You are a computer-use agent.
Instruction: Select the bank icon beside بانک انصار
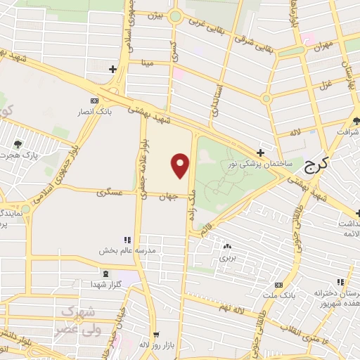click(96, 101)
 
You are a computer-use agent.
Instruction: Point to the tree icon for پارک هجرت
click(17, 144)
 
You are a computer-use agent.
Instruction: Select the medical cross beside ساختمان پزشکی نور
click(261, 153)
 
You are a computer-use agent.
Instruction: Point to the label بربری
click(226, 257)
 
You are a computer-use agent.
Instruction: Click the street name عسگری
click(116, 191)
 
